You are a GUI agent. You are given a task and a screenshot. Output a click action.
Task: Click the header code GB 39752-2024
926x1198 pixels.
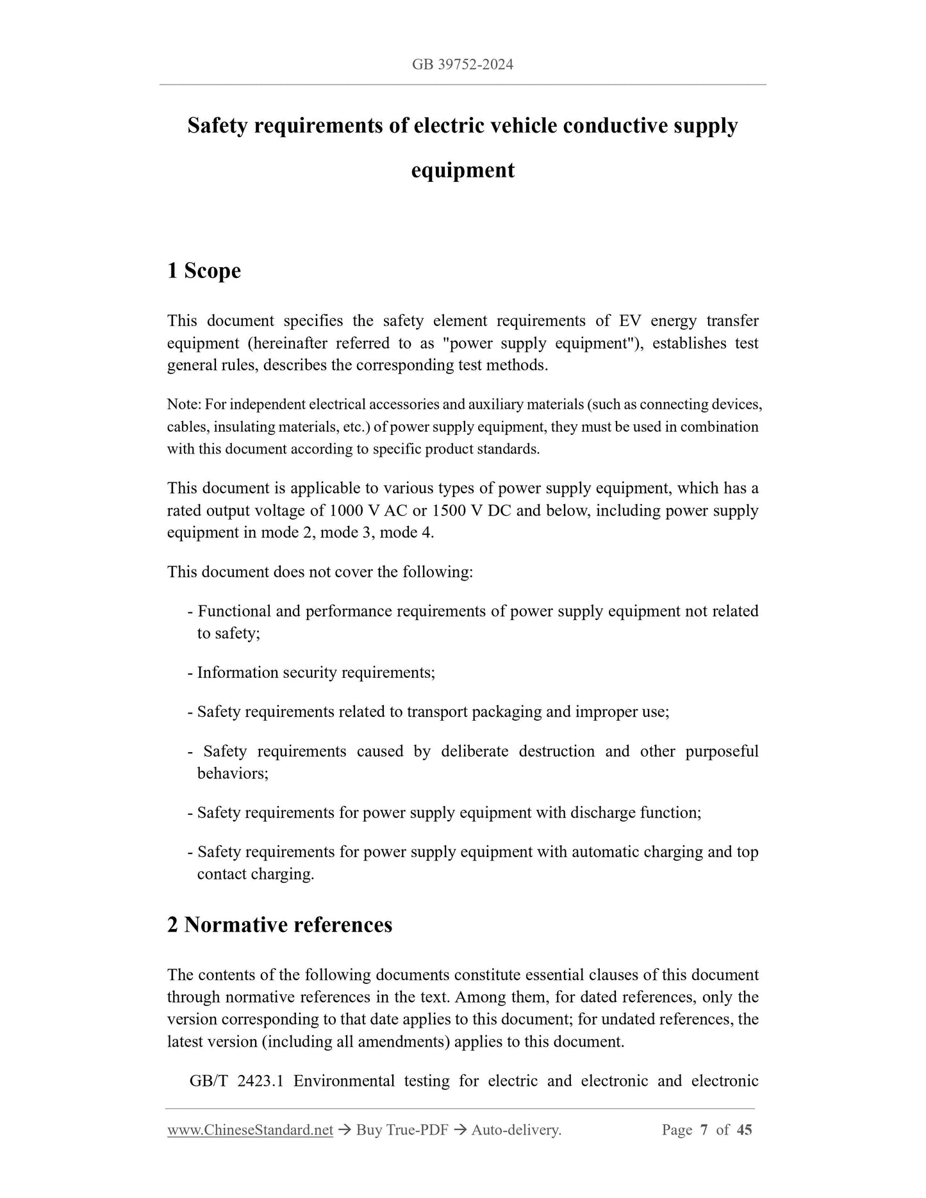463,65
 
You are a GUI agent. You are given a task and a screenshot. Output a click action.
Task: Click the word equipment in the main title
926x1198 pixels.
463,170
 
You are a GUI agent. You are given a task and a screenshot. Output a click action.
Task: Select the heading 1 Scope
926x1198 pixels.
204,270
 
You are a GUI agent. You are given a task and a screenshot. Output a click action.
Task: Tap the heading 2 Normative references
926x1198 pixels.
279,924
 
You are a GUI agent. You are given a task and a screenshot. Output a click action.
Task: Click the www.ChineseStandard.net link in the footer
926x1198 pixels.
250,1130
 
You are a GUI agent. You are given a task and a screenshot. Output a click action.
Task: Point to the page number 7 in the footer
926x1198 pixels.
704,1130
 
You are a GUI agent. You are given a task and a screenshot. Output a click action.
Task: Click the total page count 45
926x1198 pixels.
744,1130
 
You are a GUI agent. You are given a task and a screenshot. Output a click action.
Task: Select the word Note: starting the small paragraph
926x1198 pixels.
185,405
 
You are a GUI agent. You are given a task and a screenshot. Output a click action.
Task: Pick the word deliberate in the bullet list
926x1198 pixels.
474,751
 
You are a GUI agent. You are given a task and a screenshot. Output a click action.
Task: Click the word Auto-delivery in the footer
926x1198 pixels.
515,1130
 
